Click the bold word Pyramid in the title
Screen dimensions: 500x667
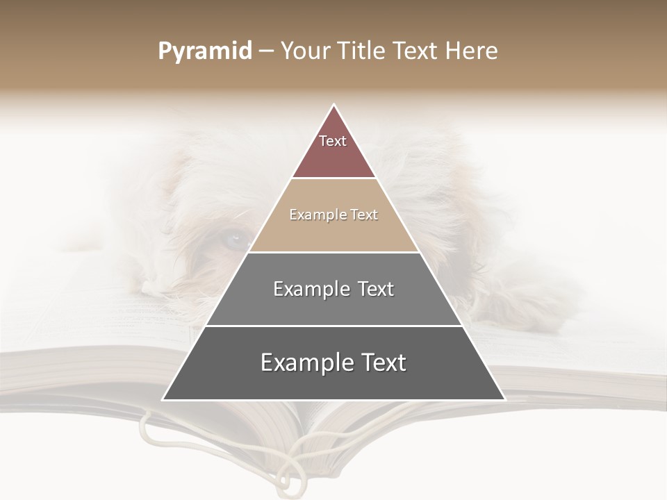(x=205, y=51)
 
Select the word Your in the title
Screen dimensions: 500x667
(x=305, y=51)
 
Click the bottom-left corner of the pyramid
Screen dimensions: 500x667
(x=163, y=399)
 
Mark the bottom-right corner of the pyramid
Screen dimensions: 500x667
(x=504, y=399)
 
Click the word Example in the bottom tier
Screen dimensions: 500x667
(x=301, y=362)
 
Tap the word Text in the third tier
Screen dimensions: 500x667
(x=374, y=289)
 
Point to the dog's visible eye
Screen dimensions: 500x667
(x=236, y=240)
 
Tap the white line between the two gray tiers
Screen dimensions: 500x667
(x=333, y=326)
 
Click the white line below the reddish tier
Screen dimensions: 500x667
(x=333, y=178)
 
